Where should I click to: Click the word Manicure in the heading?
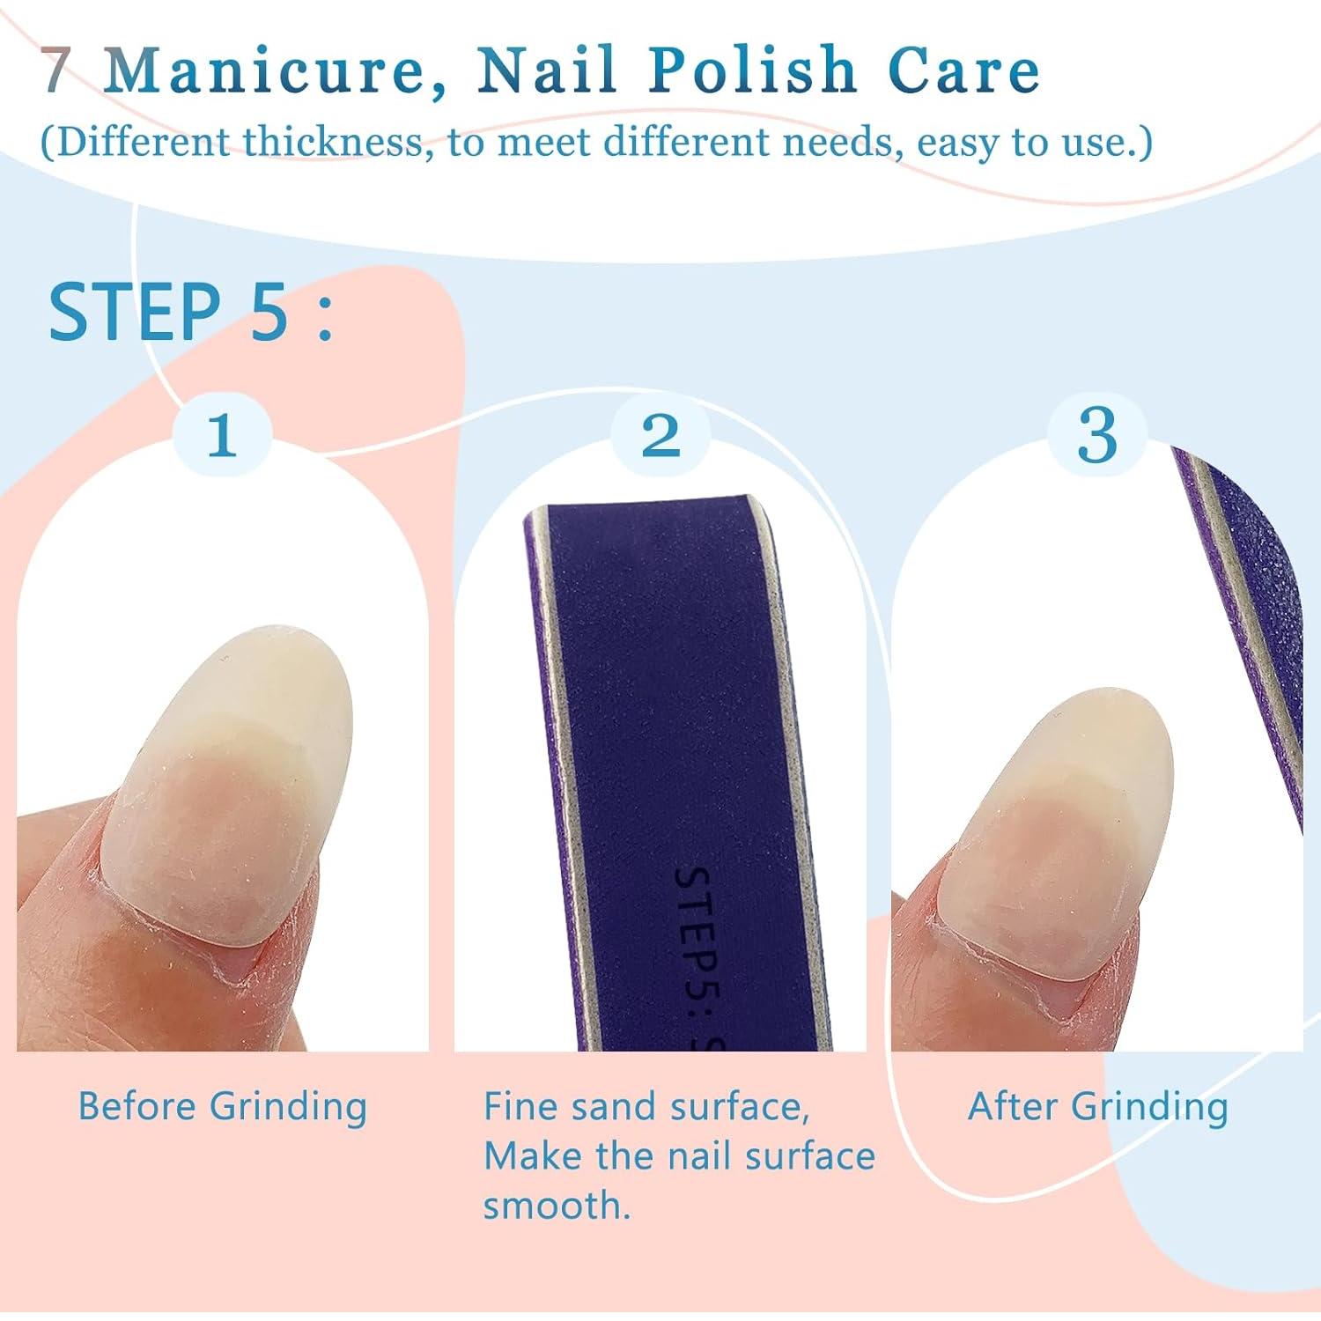(274, 70)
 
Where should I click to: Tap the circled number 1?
(221, 435)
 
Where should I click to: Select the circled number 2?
(660, 435)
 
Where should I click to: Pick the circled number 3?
(1097, 435)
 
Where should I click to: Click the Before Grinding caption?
(222, 1107)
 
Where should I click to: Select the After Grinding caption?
(1098, 1107)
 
